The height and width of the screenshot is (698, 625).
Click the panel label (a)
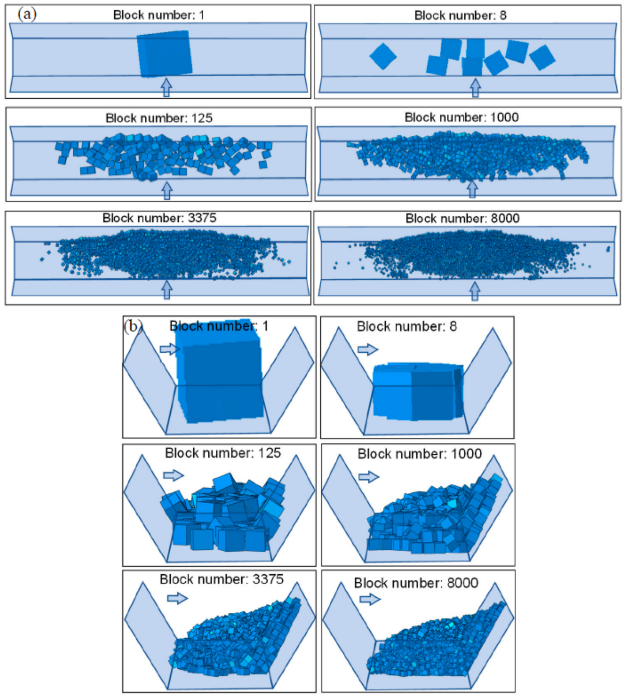pos(27,14)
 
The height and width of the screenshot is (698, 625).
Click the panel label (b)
pos(133,326)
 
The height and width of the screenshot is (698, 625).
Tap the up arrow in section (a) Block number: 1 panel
pos(166,87)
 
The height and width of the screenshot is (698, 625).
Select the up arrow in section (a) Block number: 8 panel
pos(475,88)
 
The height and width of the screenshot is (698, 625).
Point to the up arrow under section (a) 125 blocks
pos(167,190)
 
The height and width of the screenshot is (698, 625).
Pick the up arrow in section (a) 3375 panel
pos(167,289)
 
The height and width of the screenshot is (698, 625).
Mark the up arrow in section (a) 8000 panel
pos(475,290)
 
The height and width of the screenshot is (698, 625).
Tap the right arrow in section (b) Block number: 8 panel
pos(368,349)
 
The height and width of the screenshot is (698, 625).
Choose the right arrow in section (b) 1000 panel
pos(369,476)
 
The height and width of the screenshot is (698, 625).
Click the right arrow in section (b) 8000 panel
pos(370,599)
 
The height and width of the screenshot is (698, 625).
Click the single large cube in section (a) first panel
pos(164,54)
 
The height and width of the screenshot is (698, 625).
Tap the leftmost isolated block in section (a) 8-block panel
pos(383,56)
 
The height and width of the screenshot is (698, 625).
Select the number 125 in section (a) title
pos(202,118)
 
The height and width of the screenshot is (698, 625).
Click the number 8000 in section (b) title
pos(463,583)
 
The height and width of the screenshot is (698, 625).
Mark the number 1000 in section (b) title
pos(466,453)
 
